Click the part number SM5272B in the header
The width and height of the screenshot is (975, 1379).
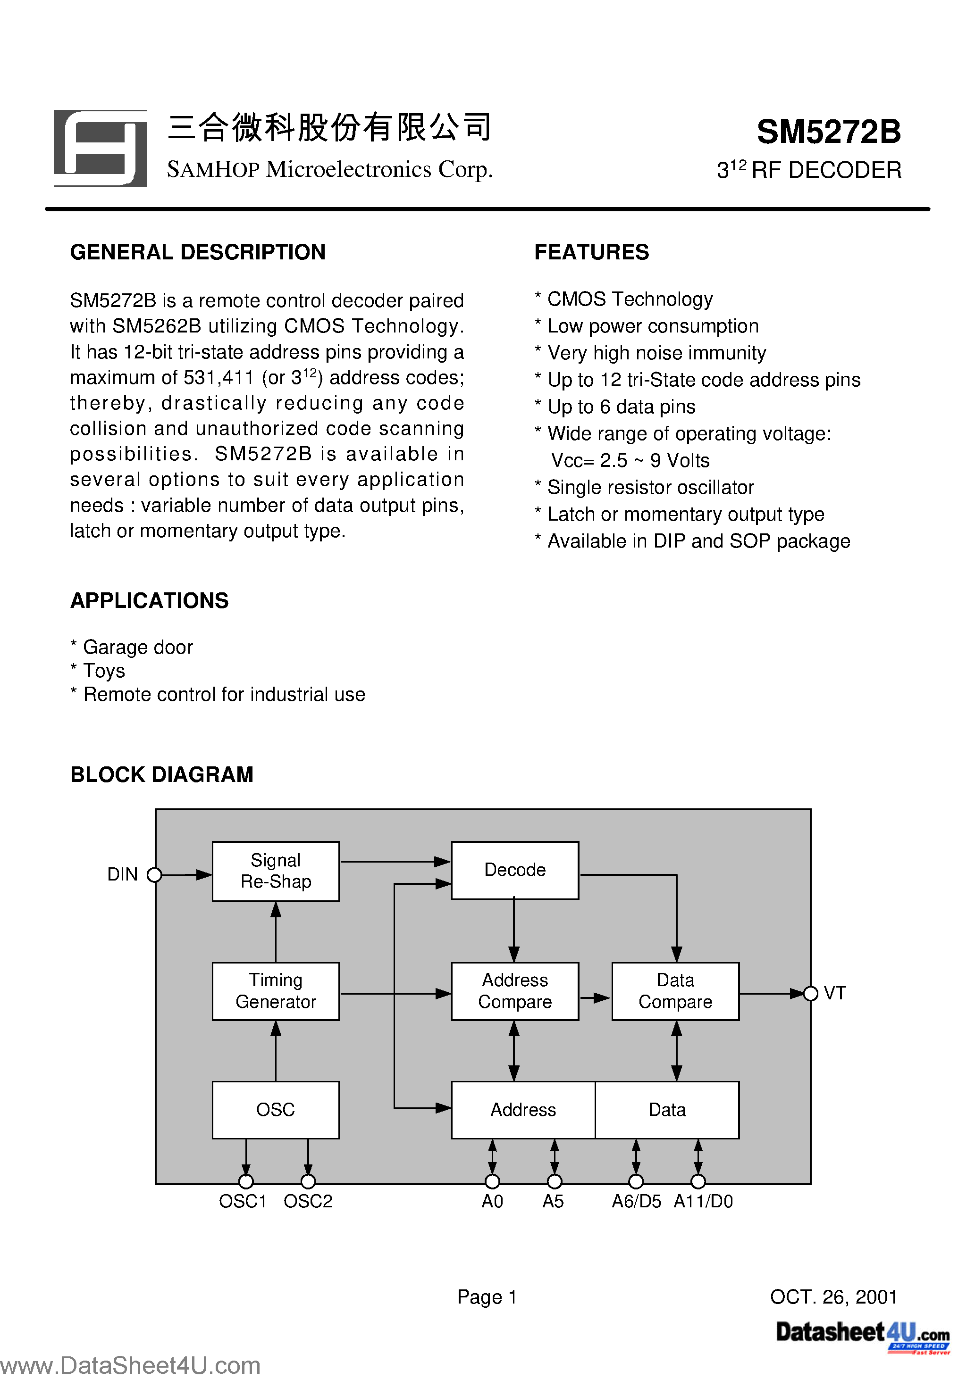click(828, 132)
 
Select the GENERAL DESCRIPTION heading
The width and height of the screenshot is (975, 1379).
click(198, 252)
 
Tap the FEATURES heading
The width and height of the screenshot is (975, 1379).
click(591, 252)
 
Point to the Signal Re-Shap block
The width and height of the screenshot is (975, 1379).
click(275, 871)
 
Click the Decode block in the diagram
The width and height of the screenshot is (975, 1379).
click(514, 870)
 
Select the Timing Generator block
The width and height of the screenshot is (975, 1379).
click(275, 991)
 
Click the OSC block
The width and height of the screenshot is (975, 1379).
click(275, 1109)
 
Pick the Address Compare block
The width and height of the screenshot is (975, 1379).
click(514, 991)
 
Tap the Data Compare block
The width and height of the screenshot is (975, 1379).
click(675, 991)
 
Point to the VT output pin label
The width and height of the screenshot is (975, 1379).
click(834, 993)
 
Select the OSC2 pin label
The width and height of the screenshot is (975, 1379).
click(308, 1201)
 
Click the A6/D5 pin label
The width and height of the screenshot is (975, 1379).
click(636, 1201)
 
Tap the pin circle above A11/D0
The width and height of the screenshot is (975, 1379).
click(698, 1181)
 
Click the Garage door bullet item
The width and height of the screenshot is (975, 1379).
click(138, 648)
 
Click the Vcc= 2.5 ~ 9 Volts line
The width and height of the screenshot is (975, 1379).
click(630, 461)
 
